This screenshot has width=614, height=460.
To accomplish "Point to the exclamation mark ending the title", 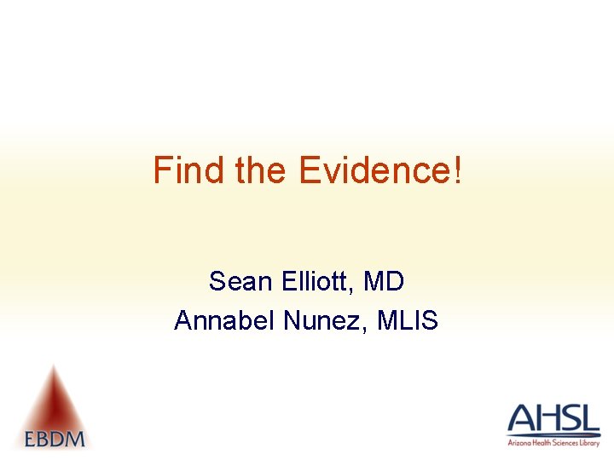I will (x=458, y=170).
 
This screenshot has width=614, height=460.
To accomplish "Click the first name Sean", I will (x=238, y=280).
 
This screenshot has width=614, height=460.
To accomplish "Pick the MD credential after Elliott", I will (x=384, y=280).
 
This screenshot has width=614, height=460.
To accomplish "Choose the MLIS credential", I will (x=408, y=320).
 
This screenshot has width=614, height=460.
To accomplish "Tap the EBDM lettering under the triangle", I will (x=55, y=439).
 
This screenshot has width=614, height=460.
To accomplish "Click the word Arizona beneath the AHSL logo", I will (x=517, y=443).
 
